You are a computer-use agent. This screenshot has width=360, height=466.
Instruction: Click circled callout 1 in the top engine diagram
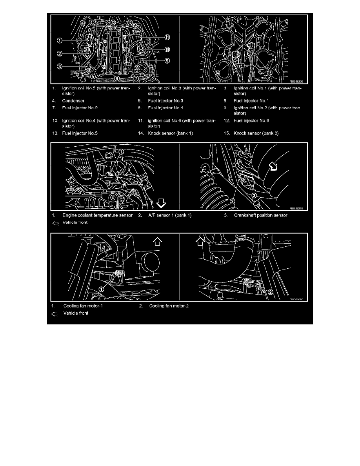pyautogui.click(x=59, y=40)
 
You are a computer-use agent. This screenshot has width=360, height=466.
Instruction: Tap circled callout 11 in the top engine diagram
pyautogui.click(x=167, y=38)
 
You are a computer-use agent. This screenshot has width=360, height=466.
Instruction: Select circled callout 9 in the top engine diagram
pyautogui.click(x=167, y=61)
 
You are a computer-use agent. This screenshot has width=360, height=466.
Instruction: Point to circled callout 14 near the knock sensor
pyautogui.click(x=218, y=72)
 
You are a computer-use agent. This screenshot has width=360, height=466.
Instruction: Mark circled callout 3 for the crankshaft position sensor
pyautogui.click(x=254, y=195)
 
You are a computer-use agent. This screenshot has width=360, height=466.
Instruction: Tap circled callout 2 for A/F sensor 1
pyautogui.click(x=232, y=201)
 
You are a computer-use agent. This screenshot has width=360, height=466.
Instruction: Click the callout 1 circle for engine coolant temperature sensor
pyautogui.click(x=121, y=151)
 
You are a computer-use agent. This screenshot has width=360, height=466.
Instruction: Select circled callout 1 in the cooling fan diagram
pyautogui.click(x=101, y=289)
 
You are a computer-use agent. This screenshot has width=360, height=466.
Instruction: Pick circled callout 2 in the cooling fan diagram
pyautogui.click(x=270, y=292)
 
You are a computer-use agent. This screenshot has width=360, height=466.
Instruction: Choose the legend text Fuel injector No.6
pyautogui.click(x=251, y=120)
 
